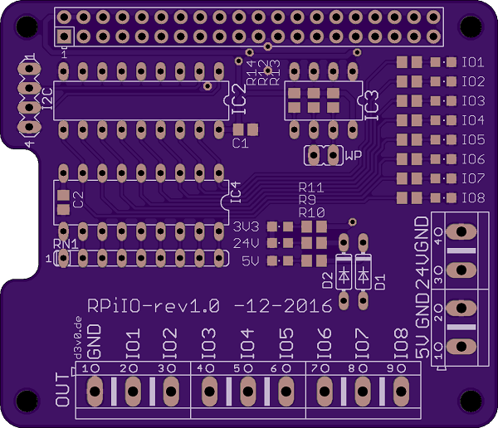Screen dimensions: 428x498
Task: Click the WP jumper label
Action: (x=353, y=155)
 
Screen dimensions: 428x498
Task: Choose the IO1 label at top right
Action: (x=473, y=62)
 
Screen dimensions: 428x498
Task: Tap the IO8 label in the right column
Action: (x=473, y=198)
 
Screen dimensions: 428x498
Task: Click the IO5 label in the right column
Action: (x=473, y=139)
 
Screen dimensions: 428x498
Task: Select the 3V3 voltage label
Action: (x=247, y=226)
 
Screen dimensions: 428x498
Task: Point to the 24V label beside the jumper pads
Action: (x=247, y=243)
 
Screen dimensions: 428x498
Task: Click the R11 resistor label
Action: (x=311, y=188)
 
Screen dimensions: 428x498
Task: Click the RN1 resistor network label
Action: (x=66, y=244)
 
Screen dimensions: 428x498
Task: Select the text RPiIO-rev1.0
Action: (x=154, y=305)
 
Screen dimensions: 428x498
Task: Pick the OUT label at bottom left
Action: (x=62, y=391)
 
